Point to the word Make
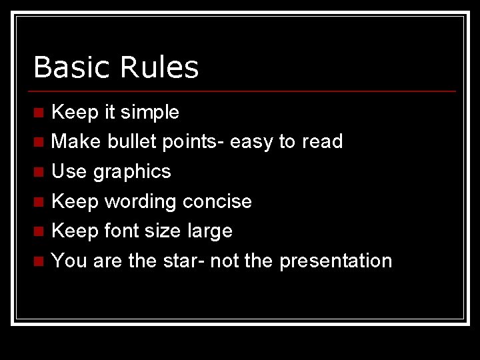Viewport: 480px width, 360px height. (x=73, y=141)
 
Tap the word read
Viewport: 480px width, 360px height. (x=322, y=141)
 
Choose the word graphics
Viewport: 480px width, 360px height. (x=132, y=172)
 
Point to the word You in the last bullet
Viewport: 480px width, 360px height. (x=69, y=261)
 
